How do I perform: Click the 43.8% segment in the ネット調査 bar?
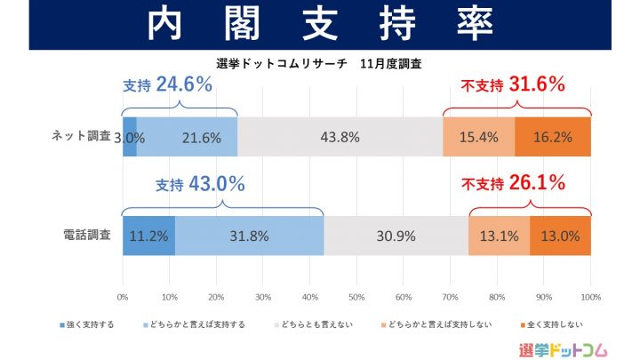click(340, 137)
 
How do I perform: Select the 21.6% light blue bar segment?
click(187, 137)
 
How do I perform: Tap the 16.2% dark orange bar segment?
click(553, 137)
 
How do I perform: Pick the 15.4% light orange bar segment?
click(478, 137)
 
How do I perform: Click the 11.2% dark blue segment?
click(148, 236)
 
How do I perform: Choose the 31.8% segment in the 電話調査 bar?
click(249, 236)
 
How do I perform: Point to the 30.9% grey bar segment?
click(396, 236)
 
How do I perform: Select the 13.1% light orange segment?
click(499, 236)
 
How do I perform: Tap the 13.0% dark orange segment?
click(560, 236)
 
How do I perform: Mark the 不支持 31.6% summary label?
click(513, 85)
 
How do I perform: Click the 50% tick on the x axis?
click(356, 296)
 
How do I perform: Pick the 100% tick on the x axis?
click(590, 296)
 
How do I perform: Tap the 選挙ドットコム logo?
click(563, 348)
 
